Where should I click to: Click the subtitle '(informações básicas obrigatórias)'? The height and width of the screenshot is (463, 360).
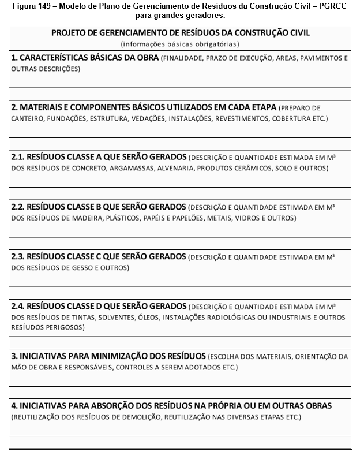coord(180,44)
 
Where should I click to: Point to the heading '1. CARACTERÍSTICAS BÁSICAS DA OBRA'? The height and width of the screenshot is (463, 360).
coord(85,58)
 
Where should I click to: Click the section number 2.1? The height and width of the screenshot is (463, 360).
coord(18,157)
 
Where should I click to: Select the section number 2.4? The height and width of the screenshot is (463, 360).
coord(18,306)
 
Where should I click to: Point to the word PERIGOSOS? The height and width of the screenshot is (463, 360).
coord(64,327)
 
